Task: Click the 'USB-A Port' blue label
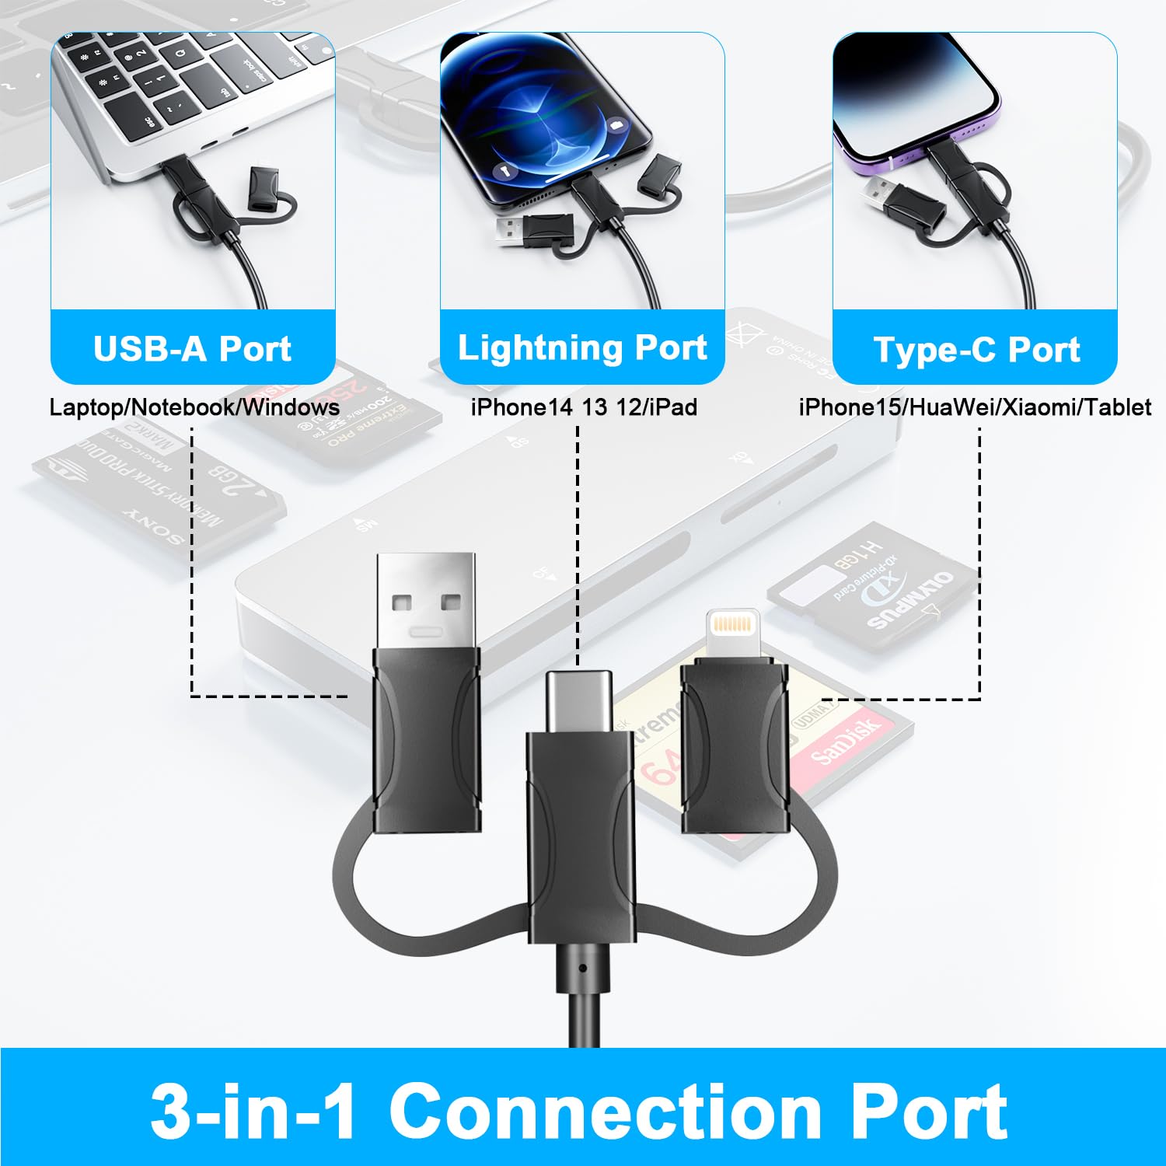pos(192,349)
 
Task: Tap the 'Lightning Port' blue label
pos(582,347)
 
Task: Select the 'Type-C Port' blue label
pos(976,350)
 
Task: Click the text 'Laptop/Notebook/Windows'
pos(194,407)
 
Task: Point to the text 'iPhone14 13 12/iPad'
pos(584,407)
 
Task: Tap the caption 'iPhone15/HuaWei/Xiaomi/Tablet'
pos(975,407)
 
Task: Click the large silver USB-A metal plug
pos(425,599)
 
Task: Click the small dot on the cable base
pos(583,969)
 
